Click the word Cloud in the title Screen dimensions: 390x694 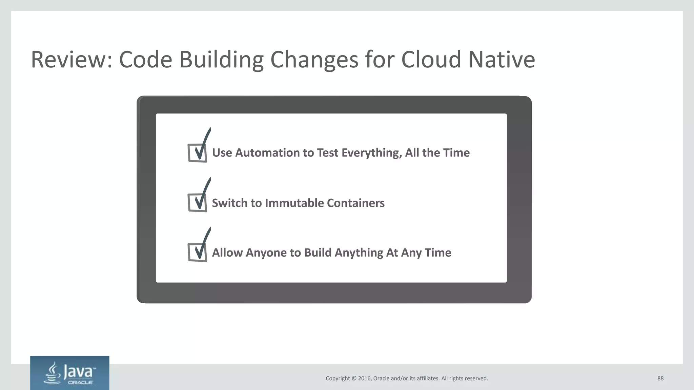pyautogui.click(x=431, y=60)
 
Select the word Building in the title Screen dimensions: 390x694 pyautogui.click(x=221, y=60)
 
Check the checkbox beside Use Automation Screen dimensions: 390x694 pyautogui.click(x=197, y=153)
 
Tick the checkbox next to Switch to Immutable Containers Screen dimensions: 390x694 pyautogui.click(x=197, y=203)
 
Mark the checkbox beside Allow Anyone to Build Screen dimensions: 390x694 pyautogui.click(x=197, y=253)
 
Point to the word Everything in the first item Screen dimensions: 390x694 pyautogui.click(x=371, y=153)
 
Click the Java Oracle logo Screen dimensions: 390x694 pyautogui.click(x=70, y=373)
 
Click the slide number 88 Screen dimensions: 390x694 pyautogui.click(x=660, y=378)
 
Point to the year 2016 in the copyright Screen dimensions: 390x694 pyautogui.click(x=365, y=378)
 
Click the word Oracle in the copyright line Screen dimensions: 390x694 pyautogui.click(x=381, y=378)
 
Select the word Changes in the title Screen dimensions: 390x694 pyautogui.click(x=314, y=60)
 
